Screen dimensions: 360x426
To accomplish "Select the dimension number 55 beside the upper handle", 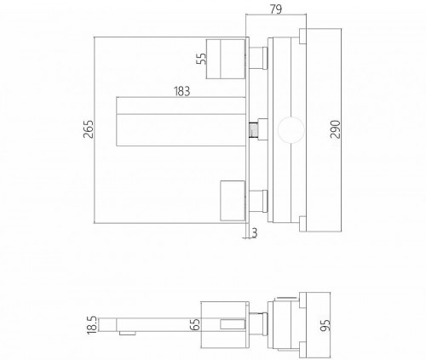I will point(201,60).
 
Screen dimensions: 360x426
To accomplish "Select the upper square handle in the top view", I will point(228,58).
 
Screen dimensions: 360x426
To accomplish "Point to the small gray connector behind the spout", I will point(253,130).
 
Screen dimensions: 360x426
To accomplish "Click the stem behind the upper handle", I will point(259,58).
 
